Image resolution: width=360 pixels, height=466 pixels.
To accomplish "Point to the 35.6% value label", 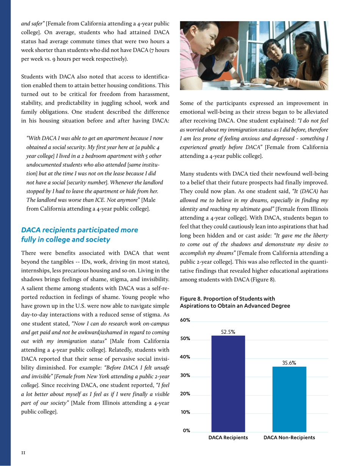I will [x=289, y=363].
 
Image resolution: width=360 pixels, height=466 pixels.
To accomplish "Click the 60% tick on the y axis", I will [x=185, y=320].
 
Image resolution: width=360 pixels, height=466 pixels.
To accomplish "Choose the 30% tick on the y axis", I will [x=185, y=375].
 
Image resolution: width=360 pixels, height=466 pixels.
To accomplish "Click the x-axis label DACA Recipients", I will [x=228, y=438].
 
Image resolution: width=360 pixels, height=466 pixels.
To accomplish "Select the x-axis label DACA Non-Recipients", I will [x=289, y=438].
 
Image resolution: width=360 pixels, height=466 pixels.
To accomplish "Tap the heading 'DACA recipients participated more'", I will [x=80, y=230].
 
